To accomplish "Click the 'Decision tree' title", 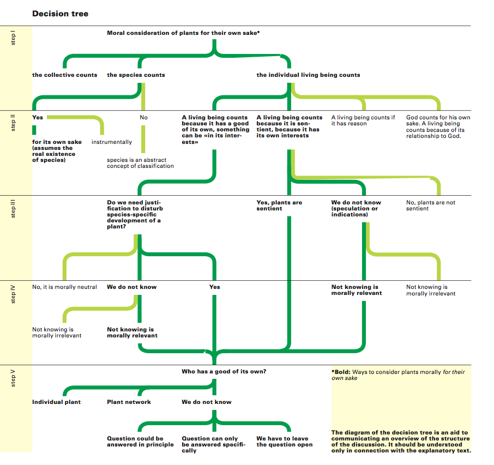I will click(60, 14).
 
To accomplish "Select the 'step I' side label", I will click(15, 38).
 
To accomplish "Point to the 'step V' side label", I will click(15, 378).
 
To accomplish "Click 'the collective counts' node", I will click(64, 75).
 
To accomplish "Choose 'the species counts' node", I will click(136, 75).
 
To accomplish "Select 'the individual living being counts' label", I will click(308, 75).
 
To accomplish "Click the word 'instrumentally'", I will click(112, 142).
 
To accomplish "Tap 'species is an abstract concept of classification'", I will click(140, 163).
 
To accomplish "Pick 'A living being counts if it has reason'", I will click(363, 120).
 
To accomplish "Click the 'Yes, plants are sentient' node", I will click(279, 206).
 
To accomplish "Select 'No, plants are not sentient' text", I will click(431, 206).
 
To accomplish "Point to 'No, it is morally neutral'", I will click(64, 287).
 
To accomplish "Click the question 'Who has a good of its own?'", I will click(224, 372).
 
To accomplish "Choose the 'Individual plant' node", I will click(56, 402).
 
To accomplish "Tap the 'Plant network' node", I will click(129, 402).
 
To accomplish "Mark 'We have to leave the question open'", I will click(284, 442).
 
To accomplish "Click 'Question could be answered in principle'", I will click(140, 442).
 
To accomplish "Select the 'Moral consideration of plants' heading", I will click(183, 33).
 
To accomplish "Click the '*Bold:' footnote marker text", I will click(342, 372).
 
